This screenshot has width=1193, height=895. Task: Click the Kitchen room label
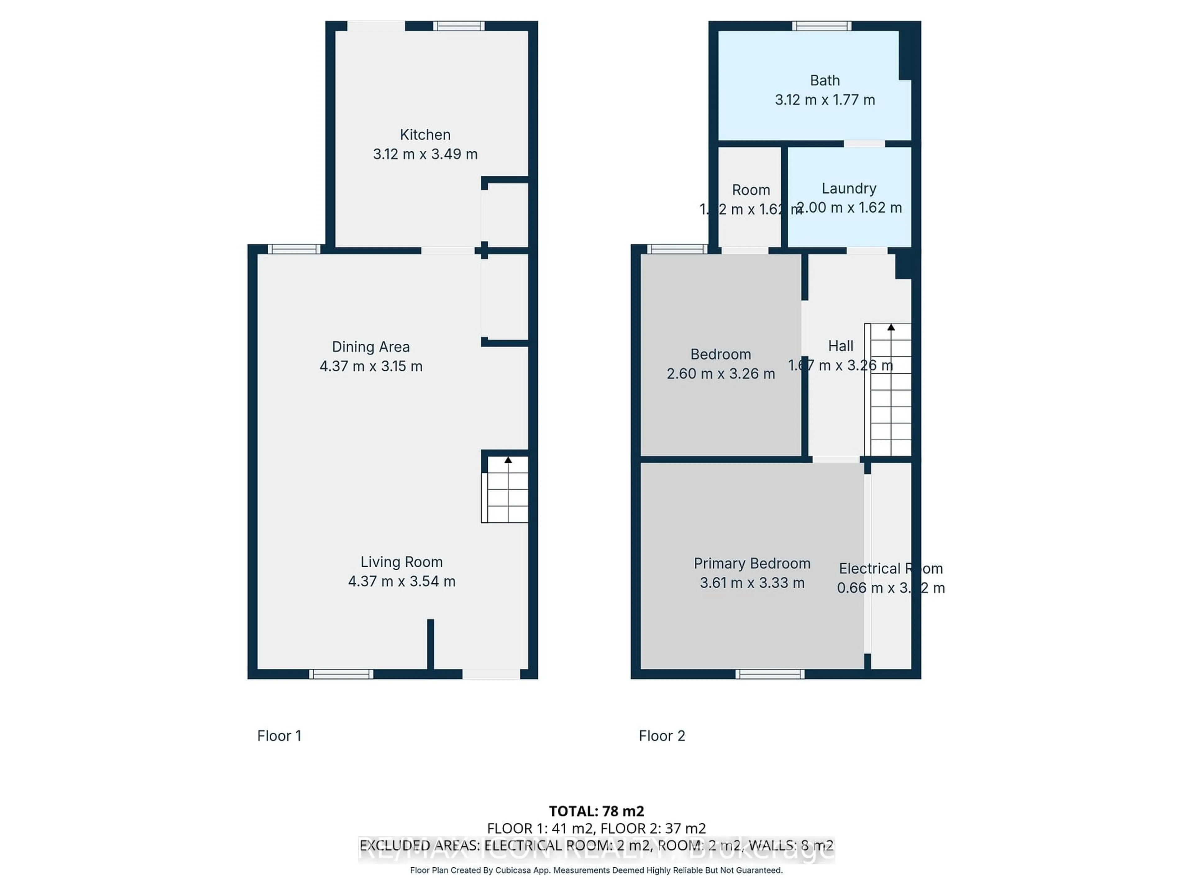click(x=425, y=135)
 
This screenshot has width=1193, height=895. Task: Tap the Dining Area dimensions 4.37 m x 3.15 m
click(x=371, y=366)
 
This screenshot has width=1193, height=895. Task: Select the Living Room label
click(x=401, y=562)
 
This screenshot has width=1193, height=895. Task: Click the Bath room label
click(x=825, y=80)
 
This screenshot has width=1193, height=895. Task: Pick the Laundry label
click(x=848, y=188)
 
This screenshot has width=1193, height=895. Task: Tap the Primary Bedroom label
click(x=752, y=564)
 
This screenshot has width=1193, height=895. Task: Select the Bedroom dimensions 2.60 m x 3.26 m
click(x=720, y=374)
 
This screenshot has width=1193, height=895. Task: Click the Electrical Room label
click(x=890, y=569)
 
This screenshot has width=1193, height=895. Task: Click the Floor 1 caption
click(x=279, y=736)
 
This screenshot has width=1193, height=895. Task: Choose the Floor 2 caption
click(x=662, y=736)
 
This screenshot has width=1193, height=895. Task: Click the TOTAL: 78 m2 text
click(x=596, y=811)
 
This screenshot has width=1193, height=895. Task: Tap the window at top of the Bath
click(x=821, y=26)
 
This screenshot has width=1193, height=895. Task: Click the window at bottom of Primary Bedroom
click(x=770, y=674)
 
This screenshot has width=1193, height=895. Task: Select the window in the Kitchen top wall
click(x=459, y=26)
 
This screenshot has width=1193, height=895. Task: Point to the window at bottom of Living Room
click(x=341, y=674)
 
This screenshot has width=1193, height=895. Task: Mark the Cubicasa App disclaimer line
click(x=596, y=870)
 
